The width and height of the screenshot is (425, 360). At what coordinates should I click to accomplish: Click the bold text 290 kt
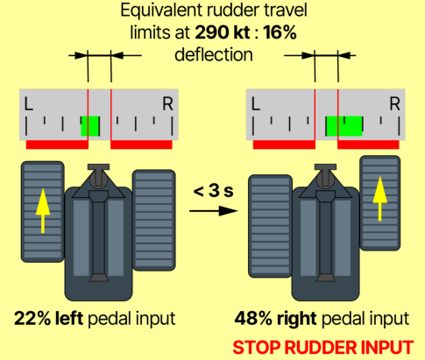pos(223,32)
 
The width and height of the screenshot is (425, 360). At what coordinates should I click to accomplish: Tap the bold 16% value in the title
pos(280,32)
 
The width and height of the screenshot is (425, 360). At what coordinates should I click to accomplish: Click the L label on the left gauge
pos(28,104)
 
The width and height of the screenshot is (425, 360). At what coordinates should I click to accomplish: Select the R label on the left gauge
pos(168,104)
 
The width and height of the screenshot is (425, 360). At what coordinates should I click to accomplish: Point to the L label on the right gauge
pos(256,104)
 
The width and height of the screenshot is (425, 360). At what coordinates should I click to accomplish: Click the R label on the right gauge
pos(395,104)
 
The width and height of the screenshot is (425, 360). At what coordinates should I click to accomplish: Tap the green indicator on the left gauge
pos(90,126)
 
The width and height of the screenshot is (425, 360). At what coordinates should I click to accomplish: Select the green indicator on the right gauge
pos(344,126)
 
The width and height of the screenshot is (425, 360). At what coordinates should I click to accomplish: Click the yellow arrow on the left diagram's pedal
pos(43,210)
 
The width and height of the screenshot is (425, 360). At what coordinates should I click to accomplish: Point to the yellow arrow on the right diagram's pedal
pos(380,199)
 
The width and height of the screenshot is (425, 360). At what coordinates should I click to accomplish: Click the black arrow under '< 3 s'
pos(214,210)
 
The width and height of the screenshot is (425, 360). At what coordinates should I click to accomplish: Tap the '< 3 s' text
pos(214,191)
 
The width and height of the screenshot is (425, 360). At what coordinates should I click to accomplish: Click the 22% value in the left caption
pos(32,318)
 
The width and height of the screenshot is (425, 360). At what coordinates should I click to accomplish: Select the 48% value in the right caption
pos(254,318)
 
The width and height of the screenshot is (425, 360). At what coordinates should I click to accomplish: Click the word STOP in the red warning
pos(257,348)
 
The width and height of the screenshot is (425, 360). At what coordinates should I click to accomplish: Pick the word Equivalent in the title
pos(162,11)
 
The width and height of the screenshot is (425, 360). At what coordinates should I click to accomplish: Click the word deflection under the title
pos(214,54)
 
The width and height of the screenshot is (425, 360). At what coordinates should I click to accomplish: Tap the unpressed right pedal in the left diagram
pos(154,221)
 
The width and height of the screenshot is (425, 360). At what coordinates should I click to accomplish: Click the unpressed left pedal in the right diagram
pos(270,226)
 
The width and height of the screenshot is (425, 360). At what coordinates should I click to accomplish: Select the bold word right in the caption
pos(296,319)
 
